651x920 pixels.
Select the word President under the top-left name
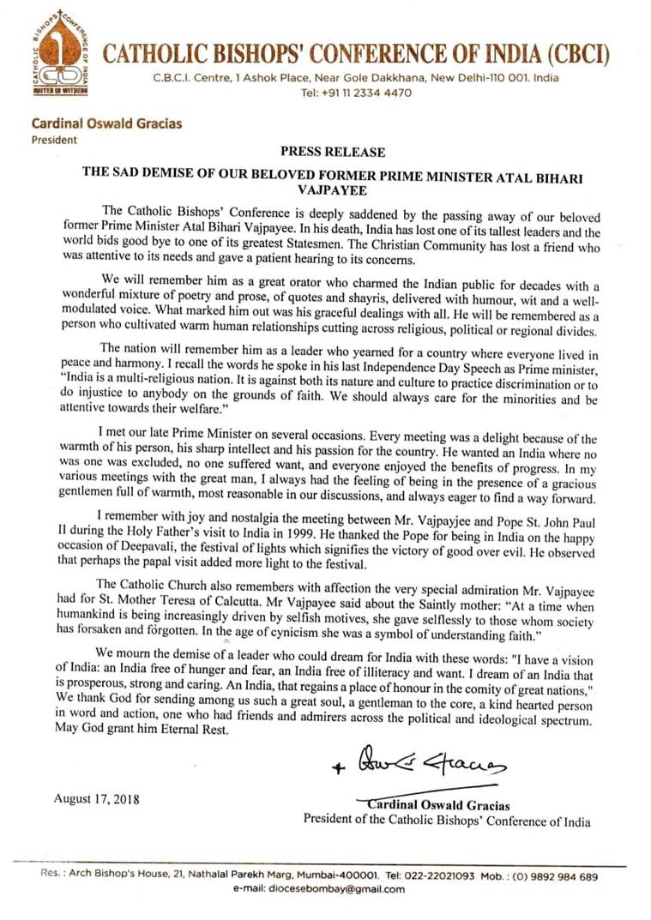coord(54,140)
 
